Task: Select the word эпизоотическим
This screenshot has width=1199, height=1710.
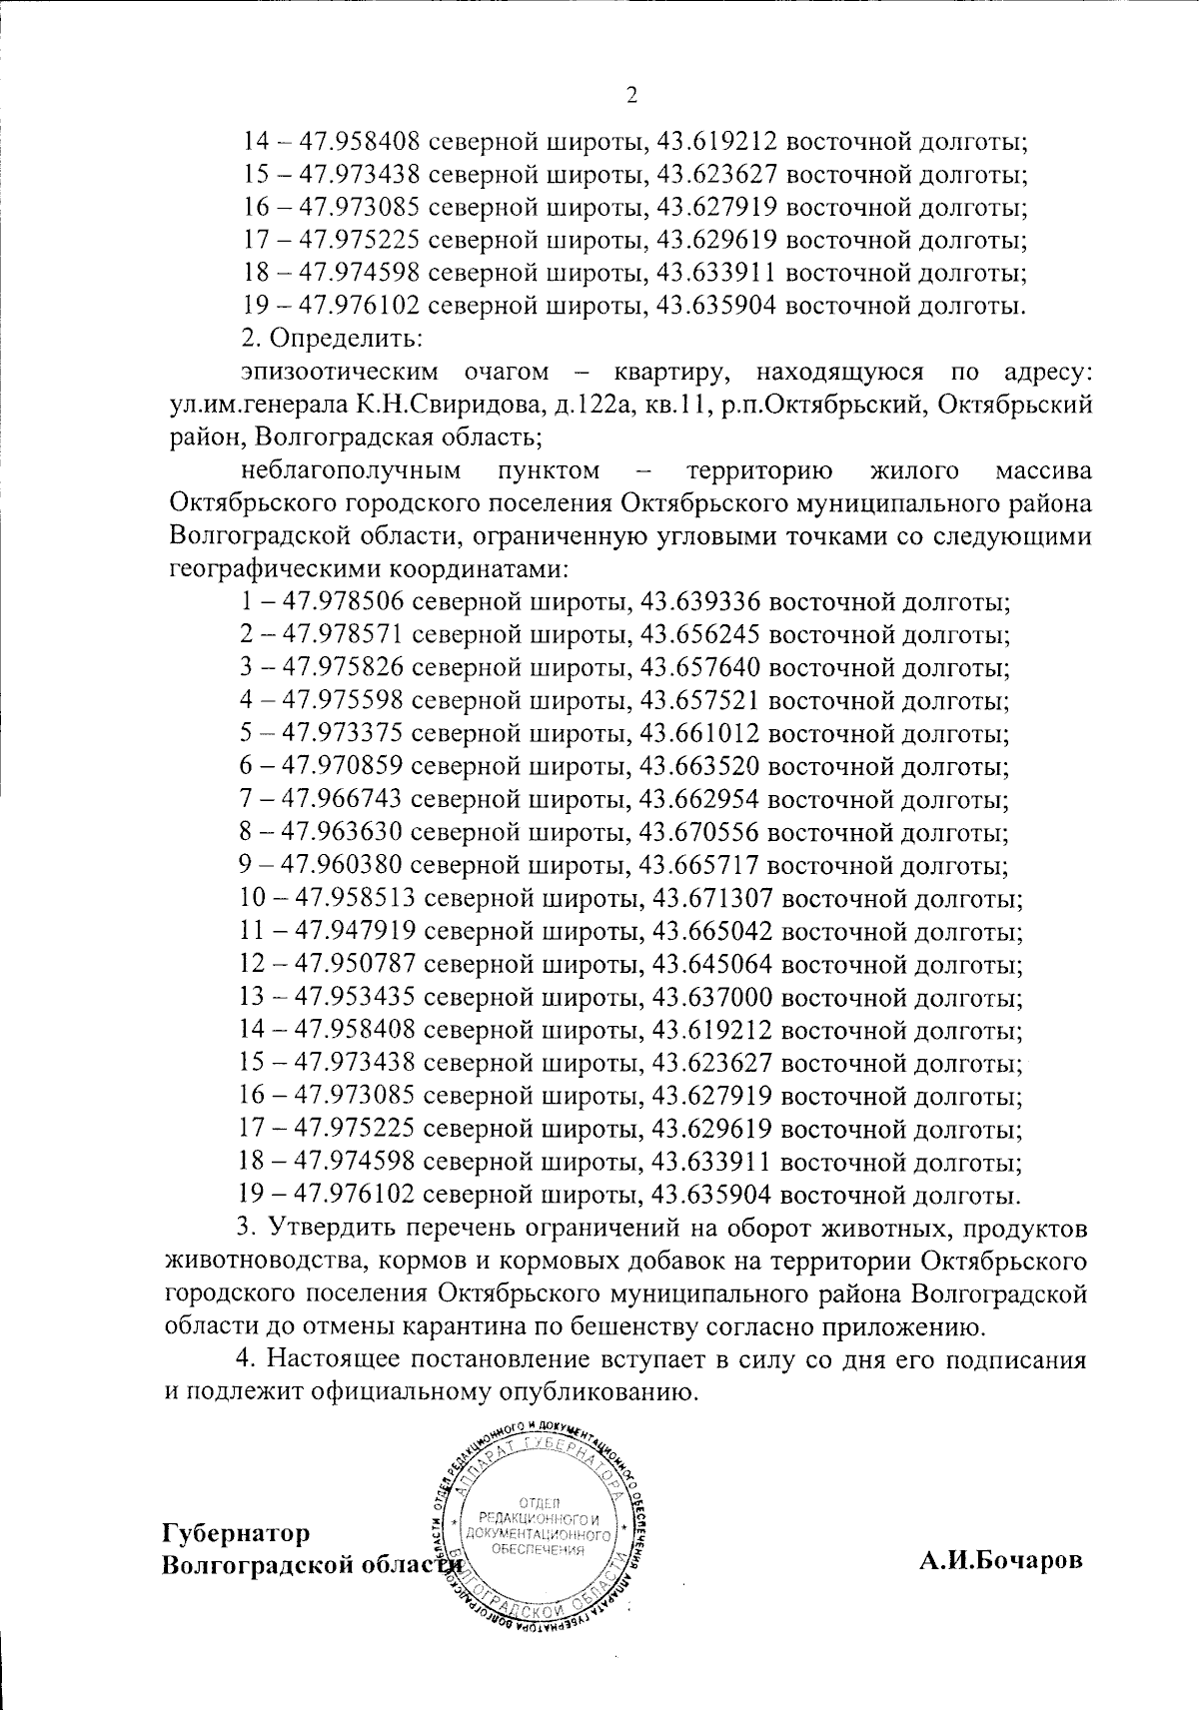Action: pos(340,374)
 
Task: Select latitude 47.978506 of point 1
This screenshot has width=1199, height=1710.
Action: pos(343,602)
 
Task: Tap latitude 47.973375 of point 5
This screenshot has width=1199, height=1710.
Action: pos(343,734)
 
